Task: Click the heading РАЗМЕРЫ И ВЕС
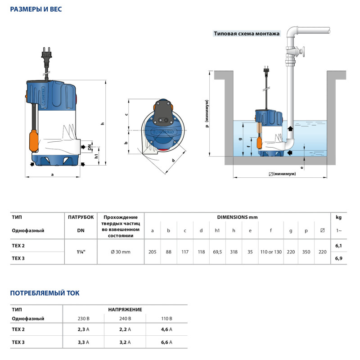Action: pyautogui.click(x=36, y=9)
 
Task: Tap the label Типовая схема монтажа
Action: pyautogui.click(x=247, y=33)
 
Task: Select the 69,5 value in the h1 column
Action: pyautogui.click(x=217, y=252)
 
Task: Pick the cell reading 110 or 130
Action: pyautogui.click(x=271, y=252)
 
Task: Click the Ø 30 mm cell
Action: pyautogui.click(x=121, y=252)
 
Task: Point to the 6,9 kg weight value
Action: pyautogui.click(x=339, y=258)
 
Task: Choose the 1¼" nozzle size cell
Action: pyautogui.click(x=81, y=252)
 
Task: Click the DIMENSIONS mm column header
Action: pyautogui.click(x=238, y=217)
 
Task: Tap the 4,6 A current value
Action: pyautogui.click(x=166, y=329)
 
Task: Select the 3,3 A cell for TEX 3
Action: pyautogui.click(x=83, y=342)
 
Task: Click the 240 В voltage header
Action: pyautogui.click(x=125, y=319)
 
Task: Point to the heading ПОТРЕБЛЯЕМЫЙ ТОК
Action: pyautogui.click(x=45, y=293)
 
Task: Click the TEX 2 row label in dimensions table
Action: pyautogui.click(x=18, y=246)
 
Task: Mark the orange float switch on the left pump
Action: pyautogui.click(x=34, y=141)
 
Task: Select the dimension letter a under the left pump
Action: pyautogui.click(x=52, y=175)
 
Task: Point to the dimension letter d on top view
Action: pyautogui.click(x=173, y=160)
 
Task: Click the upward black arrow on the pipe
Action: pyautogui.click(x=290, y=128)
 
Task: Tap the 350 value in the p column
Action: pyautogui.click(x=306, y=252)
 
